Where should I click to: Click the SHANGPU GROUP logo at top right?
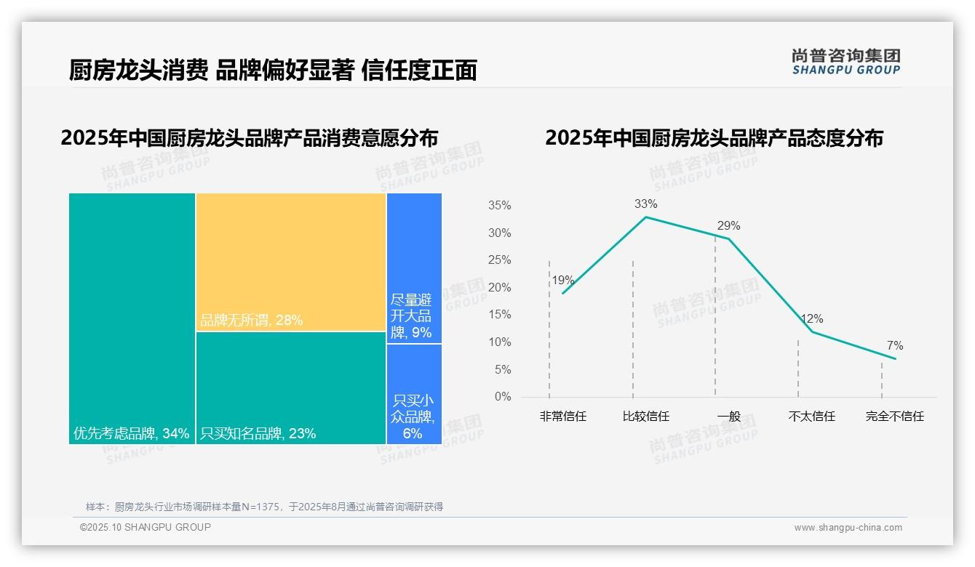(845, 62)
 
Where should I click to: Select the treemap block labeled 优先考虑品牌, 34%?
(132, 318)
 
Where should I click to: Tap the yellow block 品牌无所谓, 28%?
(290, 262)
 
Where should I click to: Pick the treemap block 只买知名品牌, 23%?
(290, 387)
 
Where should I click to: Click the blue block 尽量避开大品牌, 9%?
(414, 268)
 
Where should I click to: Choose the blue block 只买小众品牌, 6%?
(414, 394)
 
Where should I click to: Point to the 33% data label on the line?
(645, 204)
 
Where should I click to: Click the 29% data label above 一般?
(728, 225)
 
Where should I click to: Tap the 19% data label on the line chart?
(562, 280)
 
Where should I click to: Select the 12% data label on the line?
(811, 318)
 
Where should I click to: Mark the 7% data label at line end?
(894, 345)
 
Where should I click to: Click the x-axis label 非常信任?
(562, 417)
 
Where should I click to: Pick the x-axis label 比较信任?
(645, 417)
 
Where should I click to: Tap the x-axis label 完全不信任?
(894, 417)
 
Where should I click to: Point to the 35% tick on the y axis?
(499, 206)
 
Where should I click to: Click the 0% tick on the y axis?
(503, 397)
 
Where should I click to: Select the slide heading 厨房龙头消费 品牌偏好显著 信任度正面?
(273, 70)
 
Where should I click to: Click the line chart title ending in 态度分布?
(714, 138)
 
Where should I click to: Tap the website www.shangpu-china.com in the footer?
(848, 528)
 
